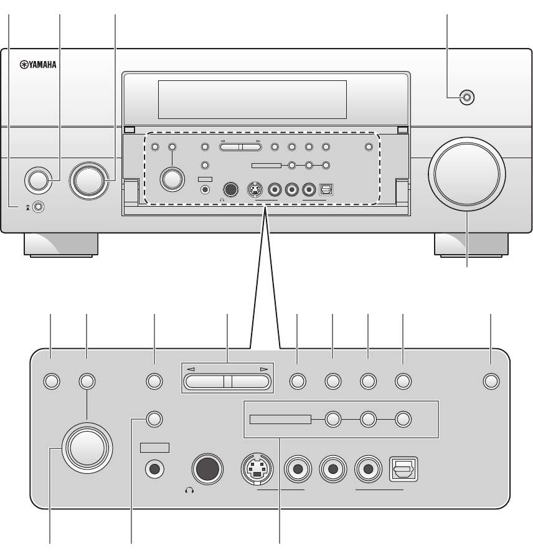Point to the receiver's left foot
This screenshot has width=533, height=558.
(x=60, y=245)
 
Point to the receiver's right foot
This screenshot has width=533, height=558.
(x=469, y=245)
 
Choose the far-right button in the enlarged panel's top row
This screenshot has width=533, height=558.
(x=491, y=381)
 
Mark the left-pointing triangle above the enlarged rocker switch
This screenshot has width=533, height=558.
(x=191, y=370)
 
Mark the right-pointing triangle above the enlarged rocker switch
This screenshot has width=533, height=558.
(x=265, y=370)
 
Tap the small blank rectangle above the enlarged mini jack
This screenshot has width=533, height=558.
(x=154, y=447)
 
